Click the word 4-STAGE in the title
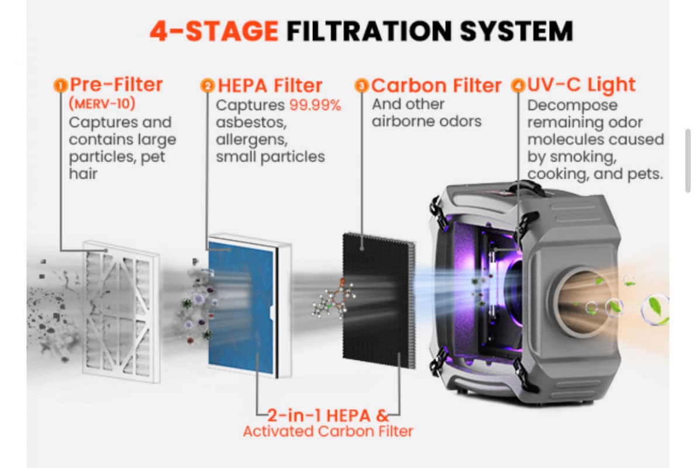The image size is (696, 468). (x=214, y=30)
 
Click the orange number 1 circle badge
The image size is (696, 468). (x=60, y=85)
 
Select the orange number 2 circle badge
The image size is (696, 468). (x=207, y=85)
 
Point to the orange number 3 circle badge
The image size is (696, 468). (x=362, y=85)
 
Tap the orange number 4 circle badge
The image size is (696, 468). (x=518, y=85)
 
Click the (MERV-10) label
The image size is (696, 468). (x=102, y=104)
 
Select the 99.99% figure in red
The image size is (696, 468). (x=315, y=105)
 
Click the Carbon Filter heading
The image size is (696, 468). (x=436, y=85)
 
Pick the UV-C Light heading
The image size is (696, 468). (x=581, y=84)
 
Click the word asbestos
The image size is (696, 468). (x=251, y=122)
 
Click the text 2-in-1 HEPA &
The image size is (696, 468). (x=328, y=415)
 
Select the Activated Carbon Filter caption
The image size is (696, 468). (x=328, y=431)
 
